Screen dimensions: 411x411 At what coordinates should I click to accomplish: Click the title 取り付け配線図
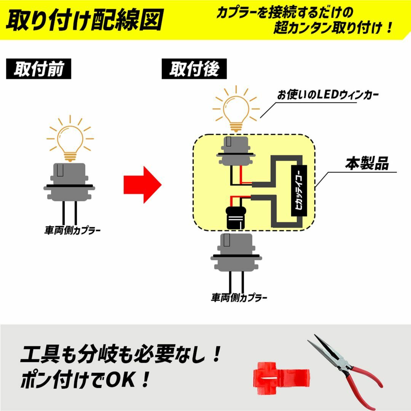tap(84, 20)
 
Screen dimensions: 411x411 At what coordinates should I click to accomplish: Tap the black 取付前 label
tap(38, 68)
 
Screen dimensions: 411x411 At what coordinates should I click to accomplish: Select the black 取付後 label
tap(194, 68)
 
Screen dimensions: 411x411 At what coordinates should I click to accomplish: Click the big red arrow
tap(142, 185)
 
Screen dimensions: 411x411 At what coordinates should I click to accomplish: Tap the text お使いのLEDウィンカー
tap(328, 95)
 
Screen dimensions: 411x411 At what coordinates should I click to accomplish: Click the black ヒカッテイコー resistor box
tap(299, 191)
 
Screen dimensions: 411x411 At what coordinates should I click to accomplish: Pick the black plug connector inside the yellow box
tap(236, 217)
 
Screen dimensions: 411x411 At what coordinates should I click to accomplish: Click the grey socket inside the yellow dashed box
tap(236, 151)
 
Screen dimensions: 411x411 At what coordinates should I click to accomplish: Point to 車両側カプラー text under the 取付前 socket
tap(72, 230)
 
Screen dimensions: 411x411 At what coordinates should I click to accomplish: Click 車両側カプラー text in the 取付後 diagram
tap(239, 298)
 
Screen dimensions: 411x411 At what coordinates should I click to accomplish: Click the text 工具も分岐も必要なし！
tap(121, 354)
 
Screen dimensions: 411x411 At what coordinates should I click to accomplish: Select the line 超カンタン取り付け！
tap(333, 27)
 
